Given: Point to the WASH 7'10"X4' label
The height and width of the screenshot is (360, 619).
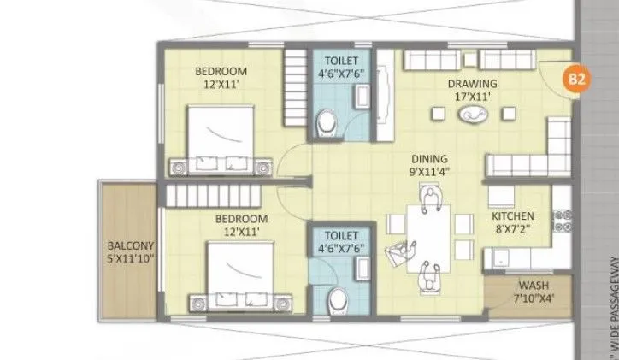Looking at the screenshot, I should (x=534, y=292).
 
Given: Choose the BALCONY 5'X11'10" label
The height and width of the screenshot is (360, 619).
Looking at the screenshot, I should (x=129, y=254).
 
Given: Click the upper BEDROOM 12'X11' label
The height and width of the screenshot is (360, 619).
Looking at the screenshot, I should (x=221, y=76).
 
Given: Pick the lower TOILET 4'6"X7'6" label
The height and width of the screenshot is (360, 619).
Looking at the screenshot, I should (x=339, y=240).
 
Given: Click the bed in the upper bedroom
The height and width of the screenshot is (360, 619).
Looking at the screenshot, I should (x=221, y=136).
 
